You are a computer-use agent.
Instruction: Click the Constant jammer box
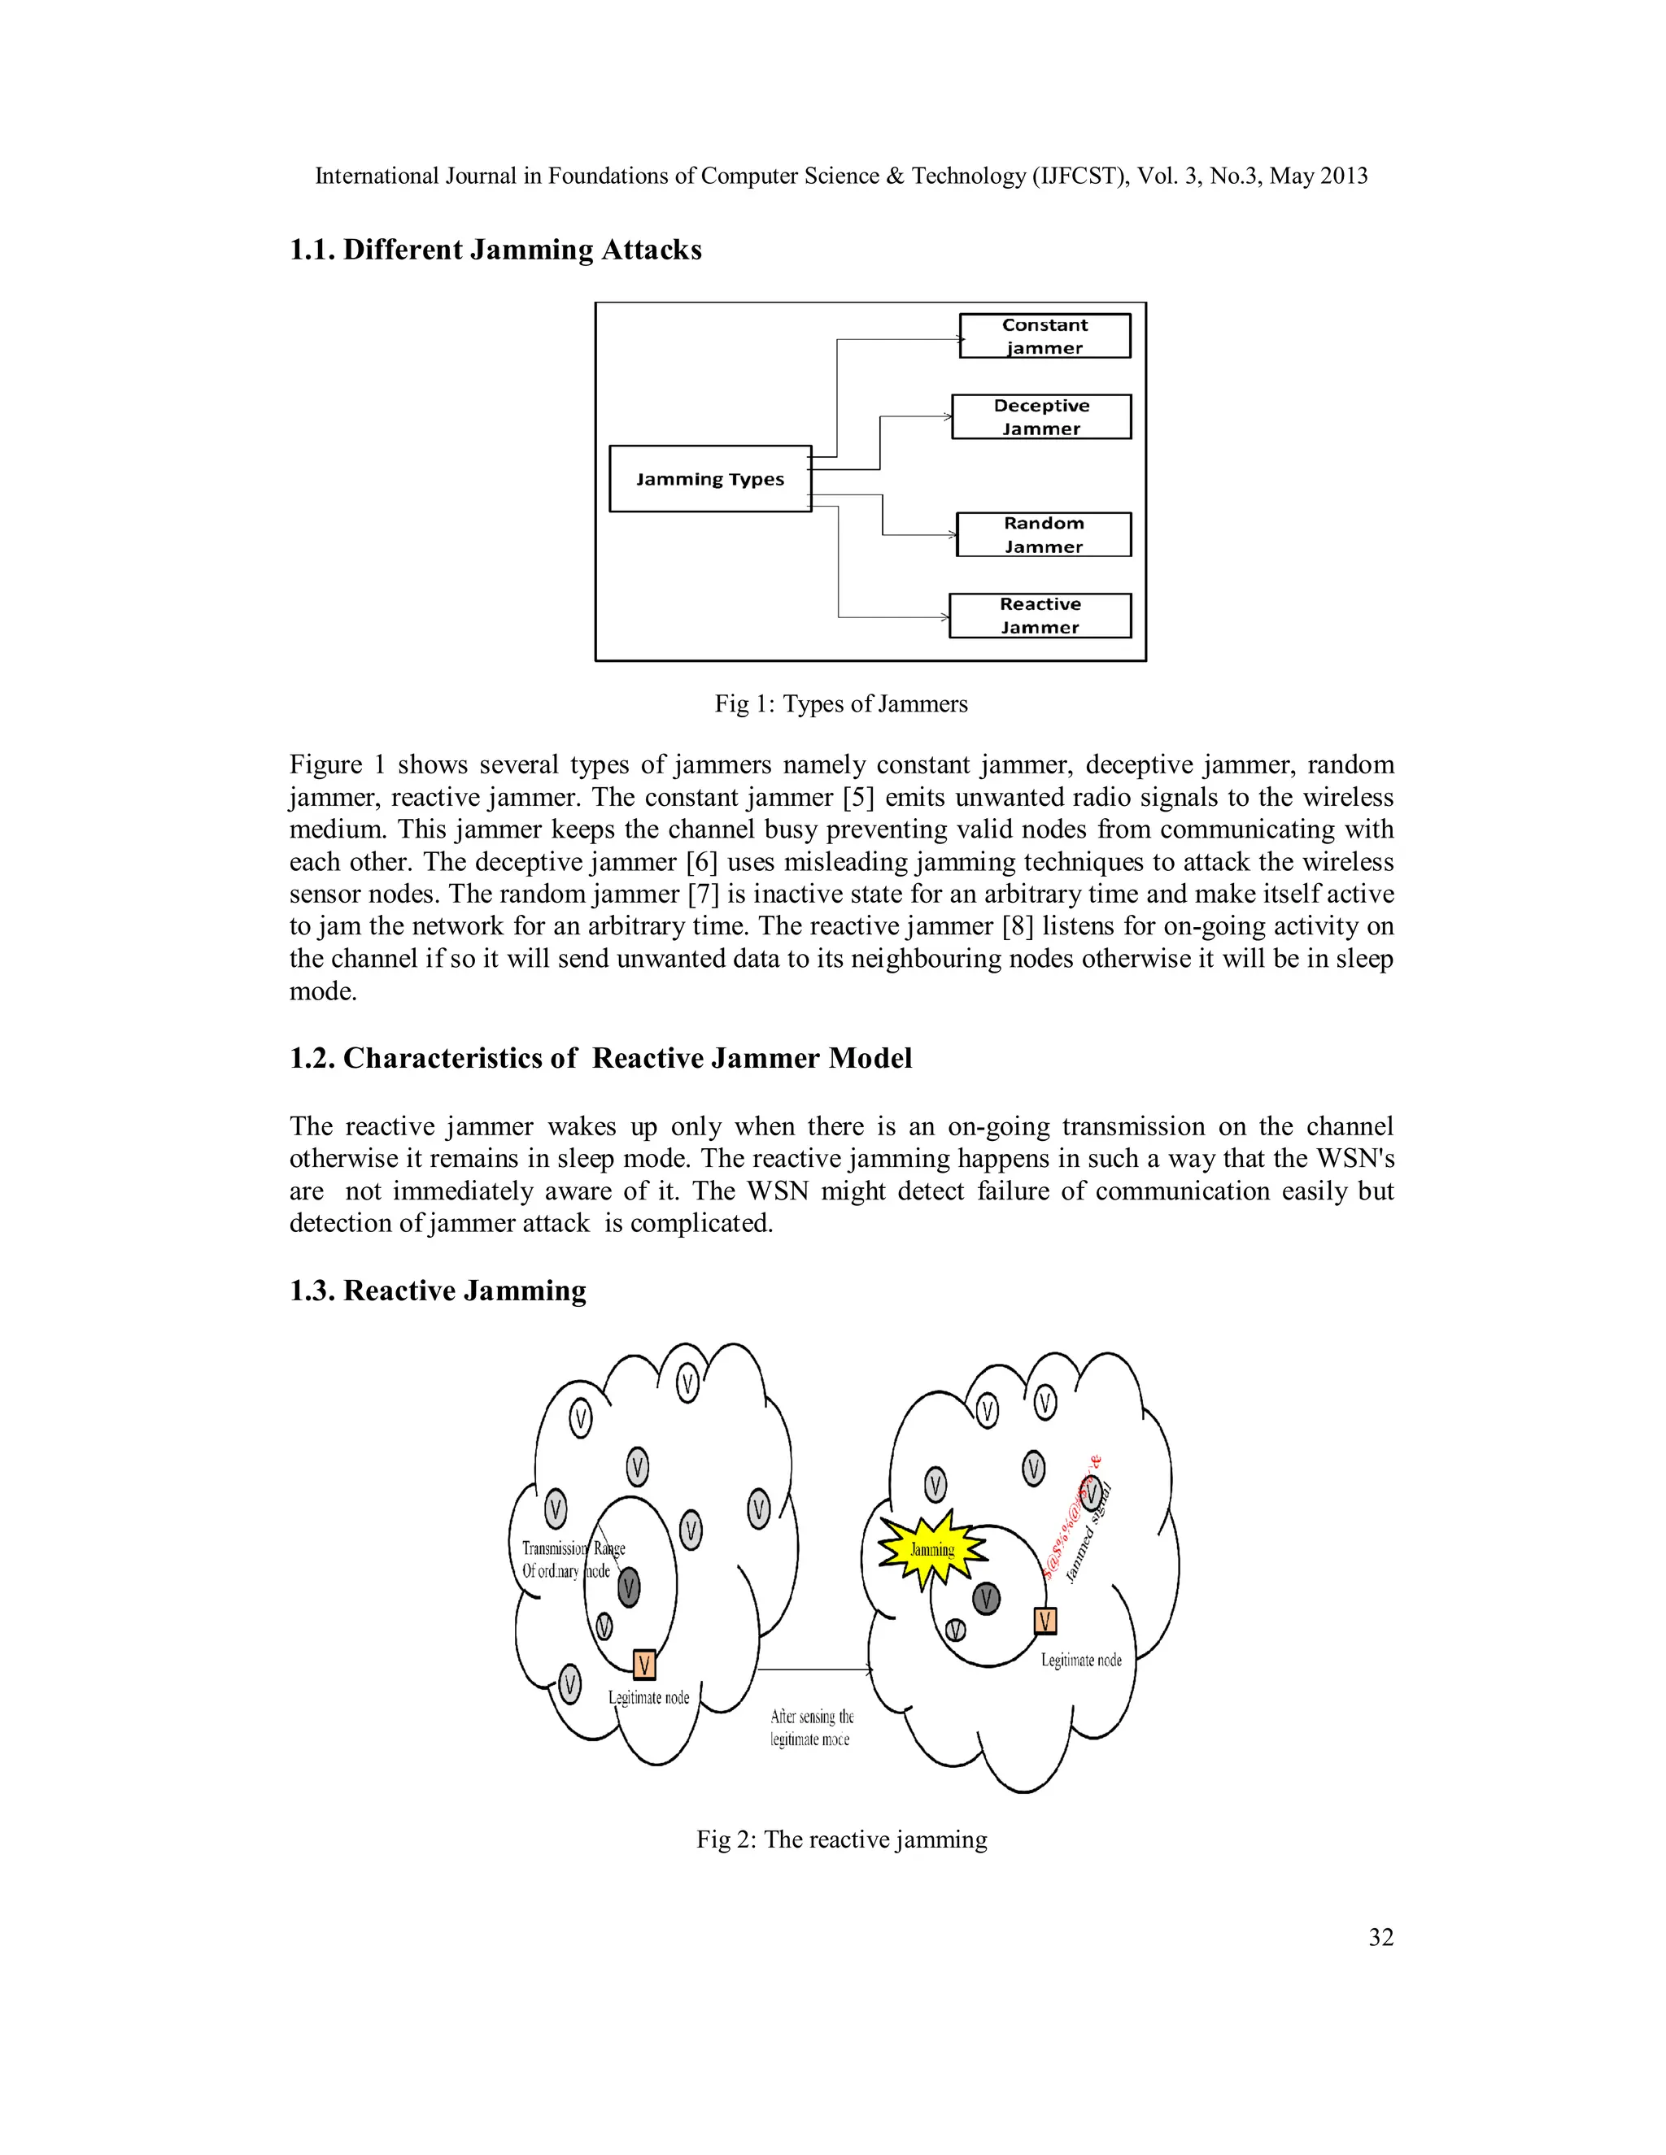click(1045, 336)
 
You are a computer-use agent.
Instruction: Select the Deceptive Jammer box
click(1040, 416)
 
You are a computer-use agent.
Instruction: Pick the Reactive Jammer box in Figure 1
click(1040, 615)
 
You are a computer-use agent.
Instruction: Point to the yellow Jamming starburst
click(931, 1549)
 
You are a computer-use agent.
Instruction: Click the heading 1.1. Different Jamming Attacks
click(495, 250)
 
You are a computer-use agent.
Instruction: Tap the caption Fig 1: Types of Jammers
click(841, 703)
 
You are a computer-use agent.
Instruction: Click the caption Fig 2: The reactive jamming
click(841, 1839)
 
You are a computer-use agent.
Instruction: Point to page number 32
click(1380, 1937)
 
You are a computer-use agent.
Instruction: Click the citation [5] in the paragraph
click(857, 797)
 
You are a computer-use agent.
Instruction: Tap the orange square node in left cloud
click(643, 1665)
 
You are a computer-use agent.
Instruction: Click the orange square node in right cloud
click(1045, 1620)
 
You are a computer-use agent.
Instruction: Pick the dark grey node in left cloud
click(629, 1589)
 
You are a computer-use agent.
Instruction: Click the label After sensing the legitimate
click(811, 1728)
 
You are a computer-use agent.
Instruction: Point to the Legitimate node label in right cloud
click(1081, 1661)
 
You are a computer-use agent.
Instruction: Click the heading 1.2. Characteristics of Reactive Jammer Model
click(600, 1058)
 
